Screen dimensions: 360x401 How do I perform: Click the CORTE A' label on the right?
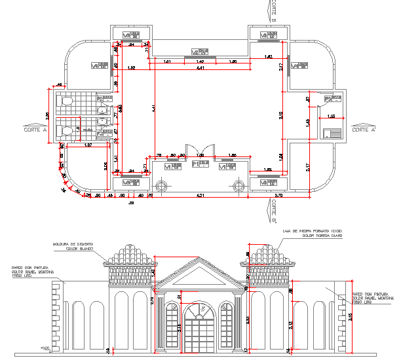(364, 130)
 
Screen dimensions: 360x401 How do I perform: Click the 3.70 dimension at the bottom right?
(278, 195)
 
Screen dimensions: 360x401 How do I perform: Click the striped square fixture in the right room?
(332, 132)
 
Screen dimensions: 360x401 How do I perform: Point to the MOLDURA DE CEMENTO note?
(73, 245)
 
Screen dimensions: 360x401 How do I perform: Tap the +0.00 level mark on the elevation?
(45, 348)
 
